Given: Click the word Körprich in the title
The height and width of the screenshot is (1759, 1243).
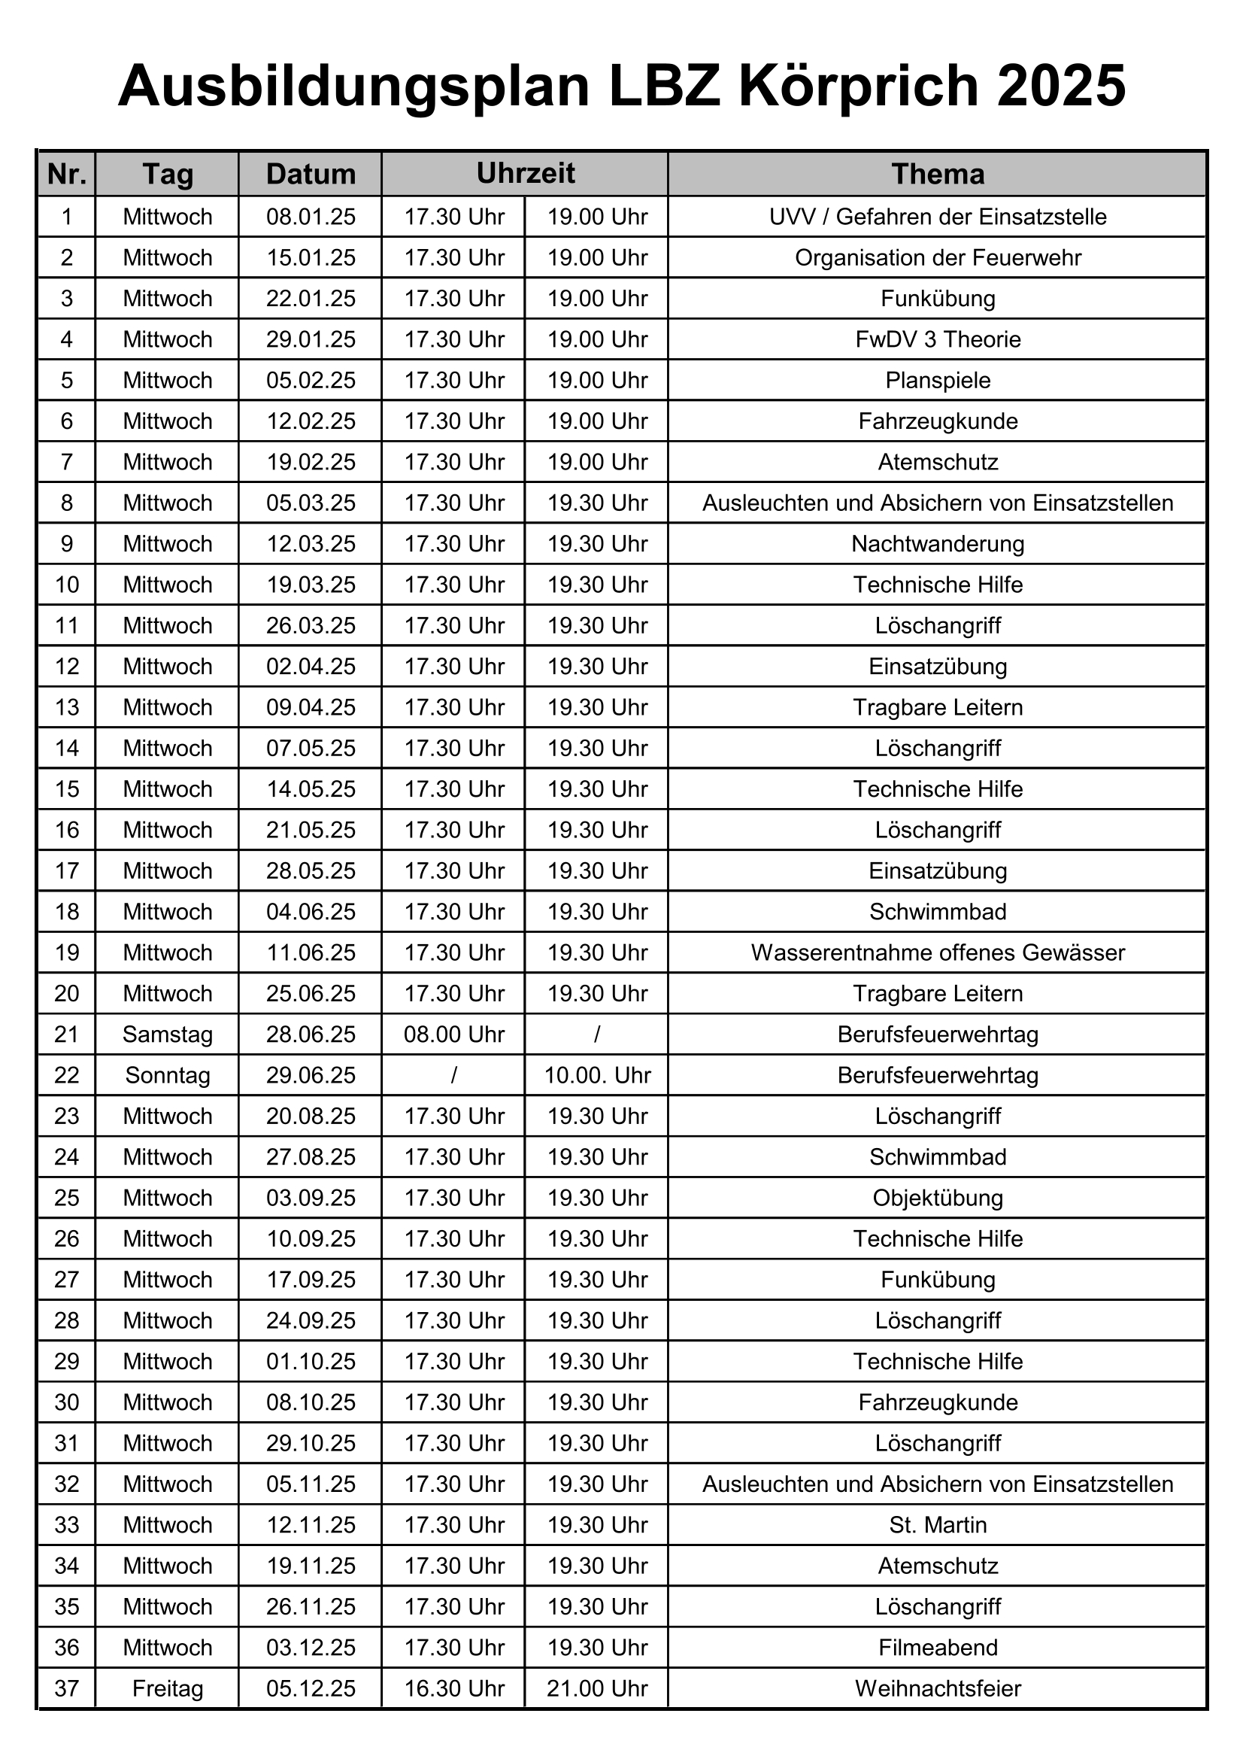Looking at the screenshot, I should (x=858, y=86).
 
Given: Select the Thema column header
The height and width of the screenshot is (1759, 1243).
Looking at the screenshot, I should (x=938, y=174).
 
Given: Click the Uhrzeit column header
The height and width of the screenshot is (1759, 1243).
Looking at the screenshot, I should (x=526, y=173).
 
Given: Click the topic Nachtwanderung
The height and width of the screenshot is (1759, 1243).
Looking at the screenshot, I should (x=938, y=544).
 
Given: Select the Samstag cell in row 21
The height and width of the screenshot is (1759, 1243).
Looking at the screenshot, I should (x=168, y=1034).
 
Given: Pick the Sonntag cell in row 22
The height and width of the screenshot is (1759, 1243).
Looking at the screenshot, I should (x=168, y=1075).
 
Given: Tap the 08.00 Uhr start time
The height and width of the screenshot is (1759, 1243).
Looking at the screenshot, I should (x=454, y=1034).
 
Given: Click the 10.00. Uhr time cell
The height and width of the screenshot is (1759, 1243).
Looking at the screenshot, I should (x=597, y=1075).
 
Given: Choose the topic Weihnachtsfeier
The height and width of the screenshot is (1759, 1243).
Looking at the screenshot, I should (x=938, y=1688).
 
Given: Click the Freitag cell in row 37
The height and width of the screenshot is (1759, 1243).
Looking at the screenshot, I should (x=168, y=1688).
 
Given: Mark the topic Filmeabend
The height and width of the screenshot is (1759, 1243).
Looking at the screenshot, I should (x=938, y=1647).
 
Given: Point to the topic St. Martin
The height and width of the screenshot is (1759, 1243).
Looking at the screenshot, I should (x=938, y=1524).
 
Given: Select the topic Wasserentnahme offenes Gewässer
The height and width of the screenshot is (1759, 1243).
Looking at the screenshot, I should (x=938, y=952).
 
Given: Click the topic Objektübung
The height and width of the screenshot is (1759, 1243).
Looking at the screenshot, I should (x=938, y=1198).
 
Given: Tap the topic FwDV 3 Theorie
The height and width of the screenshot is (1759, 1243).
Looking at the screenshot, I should (x=938, y=339).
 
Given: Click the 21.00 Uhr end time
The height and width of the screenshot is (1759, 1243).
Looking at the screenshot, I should (x=597, y=1688).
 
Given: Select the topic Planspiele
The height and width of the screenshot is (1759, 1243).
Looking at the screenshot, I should (x=938, y=380).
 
